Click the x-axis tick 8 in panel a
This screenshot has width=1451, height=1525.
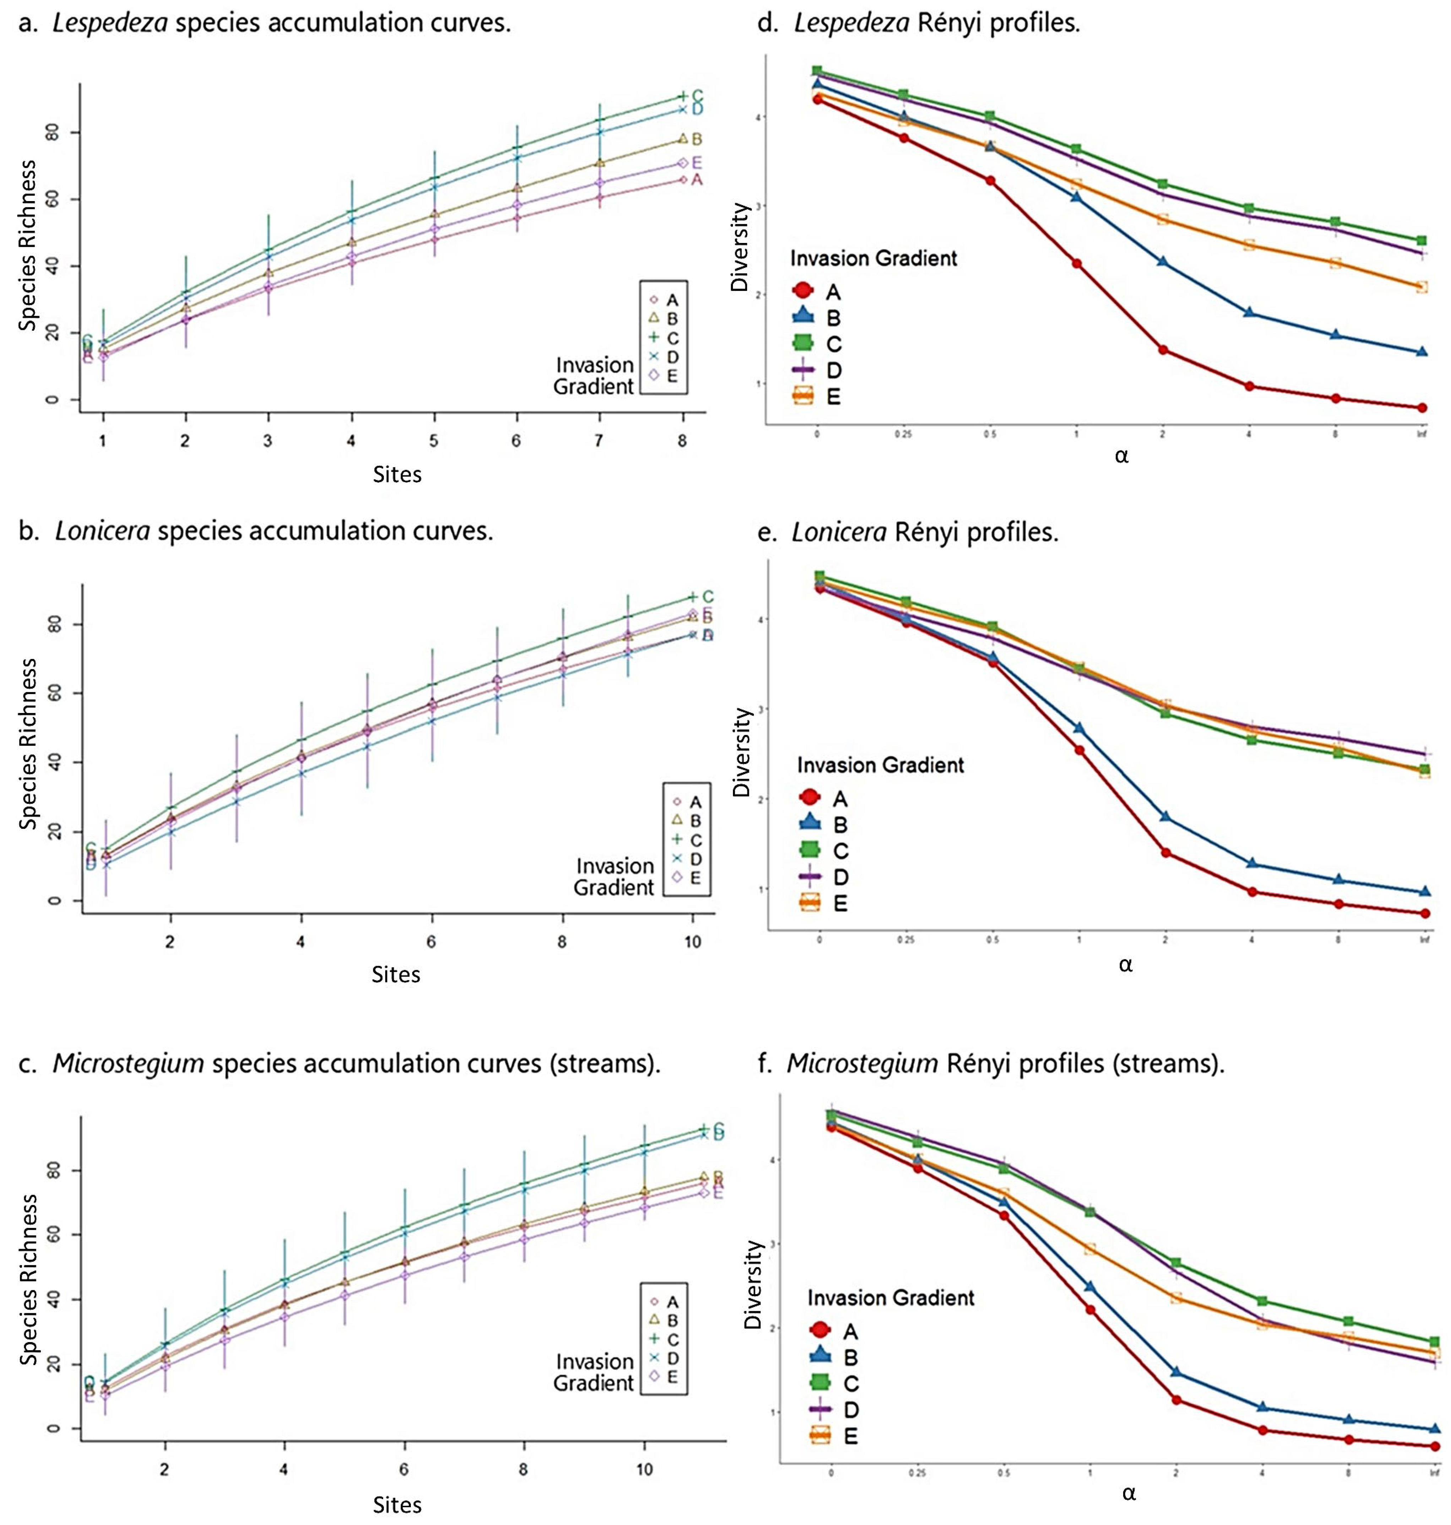tap(682, 441)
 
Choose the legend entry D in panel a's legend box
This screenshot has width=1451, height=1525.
tap(672, 357)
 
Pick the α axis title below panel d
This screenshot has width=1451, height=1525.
tap(1121, 456)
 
